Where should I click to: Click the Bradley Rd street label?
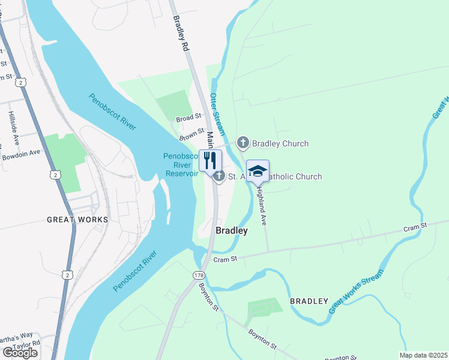[181, 34]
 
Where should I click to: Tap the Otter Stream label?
[217, 114]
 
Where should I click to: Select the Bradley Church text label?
[280, 143]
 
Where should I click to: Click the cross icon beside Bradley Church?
[243, 143]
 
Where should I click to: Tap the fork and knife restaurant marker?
[209, 161]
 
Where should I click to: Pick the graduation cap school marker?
[258, 171]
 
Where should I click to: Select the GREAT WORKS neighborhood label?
[77, 220]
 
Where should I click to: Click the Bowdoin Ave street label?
[20, 152]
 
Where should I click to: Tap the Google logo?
[20, 353]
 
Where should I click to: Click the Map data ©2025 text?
[424, 355]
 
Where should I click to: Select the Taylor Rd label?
[26, 345]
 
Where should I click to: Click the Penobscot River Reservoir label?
[181, 165]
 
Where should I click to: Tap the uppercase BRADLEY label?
[309, 301]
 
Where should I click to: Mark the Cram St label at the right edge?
[415, 226]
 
